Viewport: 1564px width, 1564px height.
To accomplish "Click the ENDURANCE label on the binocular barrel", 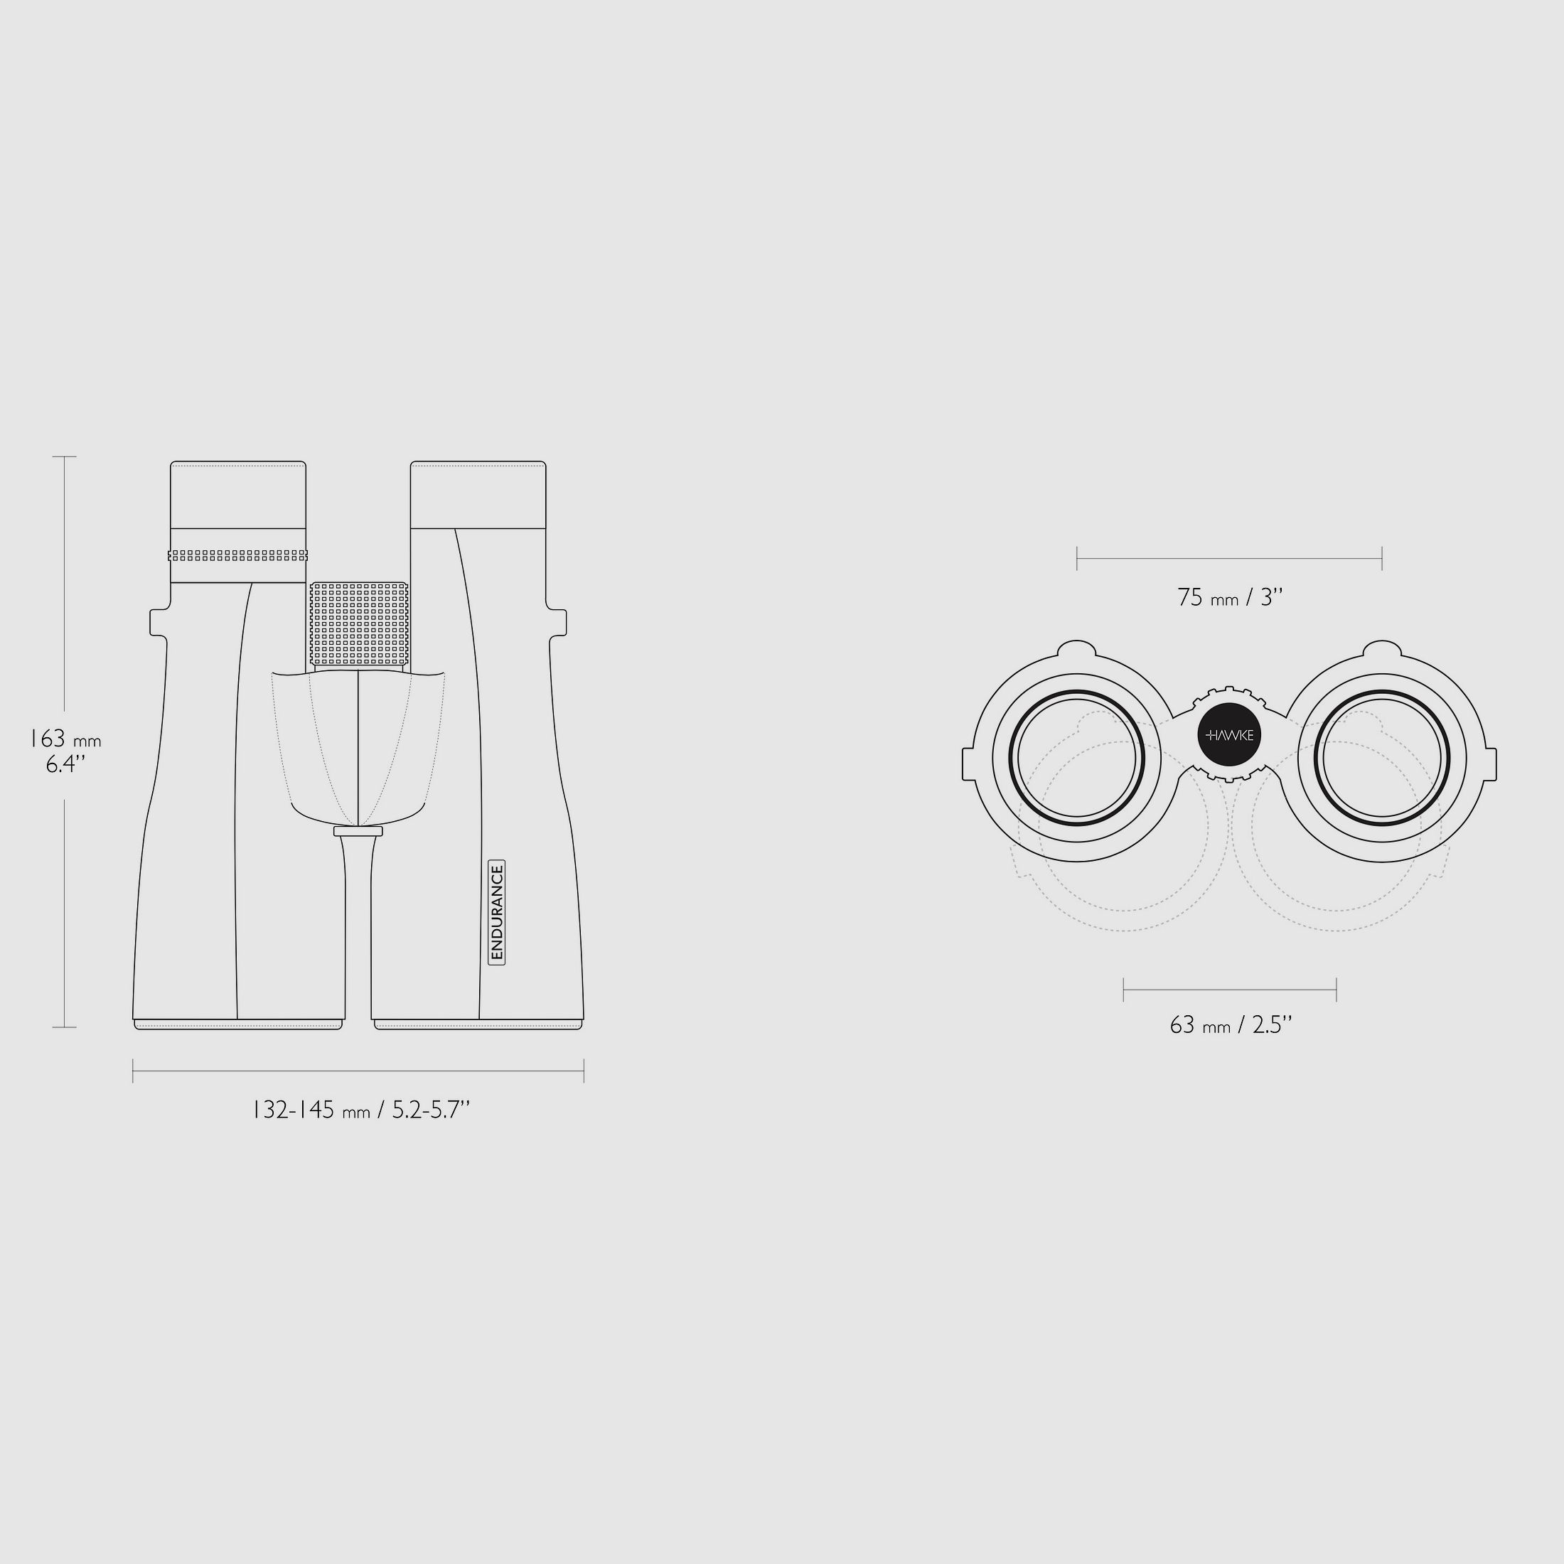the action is pos(497,912).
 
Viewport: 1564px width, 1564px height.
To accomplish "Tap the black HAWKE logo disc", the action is pos(1229,735).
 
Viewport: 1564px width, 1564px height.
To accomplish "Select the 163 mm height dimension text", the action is pos(65,740).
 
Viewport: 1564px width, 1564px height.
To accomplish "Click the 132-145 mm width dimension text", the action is pos(361,1109).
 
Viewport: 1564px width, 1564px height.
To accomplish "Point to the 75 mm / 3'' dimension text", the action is pos(1230,597).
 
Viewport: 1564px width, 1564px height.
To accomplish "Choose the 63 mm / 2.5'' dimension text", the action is pos(1231,1025).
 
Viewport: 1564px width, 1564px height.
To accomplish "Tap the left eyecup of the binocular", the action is pos(238,495).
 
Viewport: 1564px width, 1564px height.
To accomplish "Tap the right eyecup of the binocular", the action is pos(478,495).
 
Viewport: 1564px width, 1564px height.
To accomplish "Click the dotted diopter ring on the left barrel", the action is pos(238,555).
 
